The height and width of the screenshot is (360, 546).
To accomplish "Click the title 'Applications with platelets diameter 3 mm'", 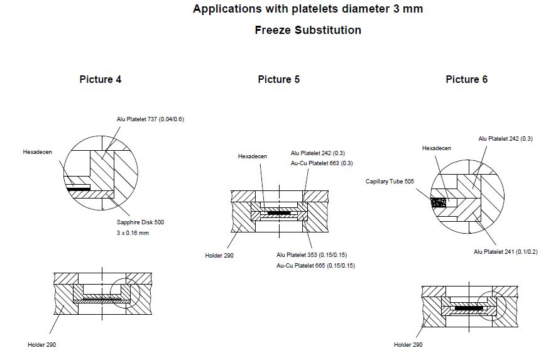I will (x=307, y=9).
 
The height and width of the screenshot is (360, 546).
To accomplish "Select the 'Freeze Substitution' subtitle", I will (x=307, y=30).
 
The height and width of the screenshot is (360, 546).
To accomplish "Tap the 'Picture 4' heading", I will (x=101, y=79).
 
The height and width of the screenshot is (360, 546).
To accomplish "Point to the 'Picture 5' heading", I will (x=278, y=79).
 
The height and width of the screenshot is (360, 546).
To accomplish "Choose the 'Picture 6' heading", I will (x=466, y=79).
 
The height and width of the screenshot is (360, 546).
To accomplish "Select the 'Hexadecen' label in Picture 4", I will (x=37, y=152).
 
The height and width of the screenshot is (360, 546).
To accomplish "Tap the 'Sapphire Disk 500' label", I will (x=141, y=222).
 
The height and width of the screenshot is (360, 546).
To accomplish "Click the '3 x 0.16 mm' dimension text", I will (x=132, y=233).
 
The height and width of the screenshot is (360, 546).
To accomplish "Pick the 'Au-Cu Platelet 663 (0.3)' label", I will (x=322, y=163).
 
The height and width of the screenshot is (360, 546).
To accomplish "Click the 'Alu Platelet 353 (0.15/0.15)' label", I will (x=312, y=254).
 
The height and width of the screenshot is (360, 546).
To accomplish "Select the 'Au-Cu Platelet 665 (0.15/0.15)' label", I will (x=315, y=265).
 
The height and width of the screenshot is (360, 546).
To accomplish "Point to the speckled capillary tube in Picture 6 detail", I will (x=437, y=203).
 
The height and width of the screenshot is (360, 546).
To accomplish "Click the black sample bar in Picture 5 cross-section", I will (x=278, y=213).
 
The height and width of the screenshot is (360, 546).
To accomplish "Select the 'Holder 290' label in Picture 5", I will (x=219, y=256).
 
